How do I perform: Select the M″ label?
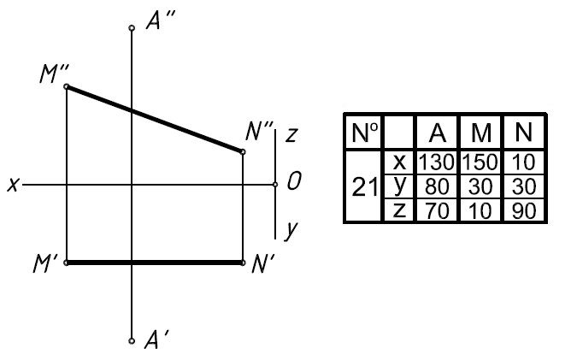54,74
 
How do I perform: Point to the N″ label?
259,131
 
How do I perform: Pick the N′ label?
262,264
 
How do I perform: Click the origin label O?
293,182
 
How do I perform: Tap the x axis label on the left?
12,184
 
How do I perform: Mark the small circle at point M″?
67,86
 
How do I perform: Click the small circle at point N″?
243,152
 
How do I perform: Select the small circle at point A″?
131,28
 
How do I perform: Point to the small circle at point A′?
131,340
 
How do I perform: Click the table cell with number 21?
365,186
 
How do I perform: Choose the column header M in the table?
480,133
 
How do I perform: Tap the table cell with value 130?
437,160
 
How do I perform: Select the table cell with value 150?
480,160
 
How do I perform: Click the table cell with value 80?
437,186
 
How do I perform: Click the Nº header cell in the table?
365,133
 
